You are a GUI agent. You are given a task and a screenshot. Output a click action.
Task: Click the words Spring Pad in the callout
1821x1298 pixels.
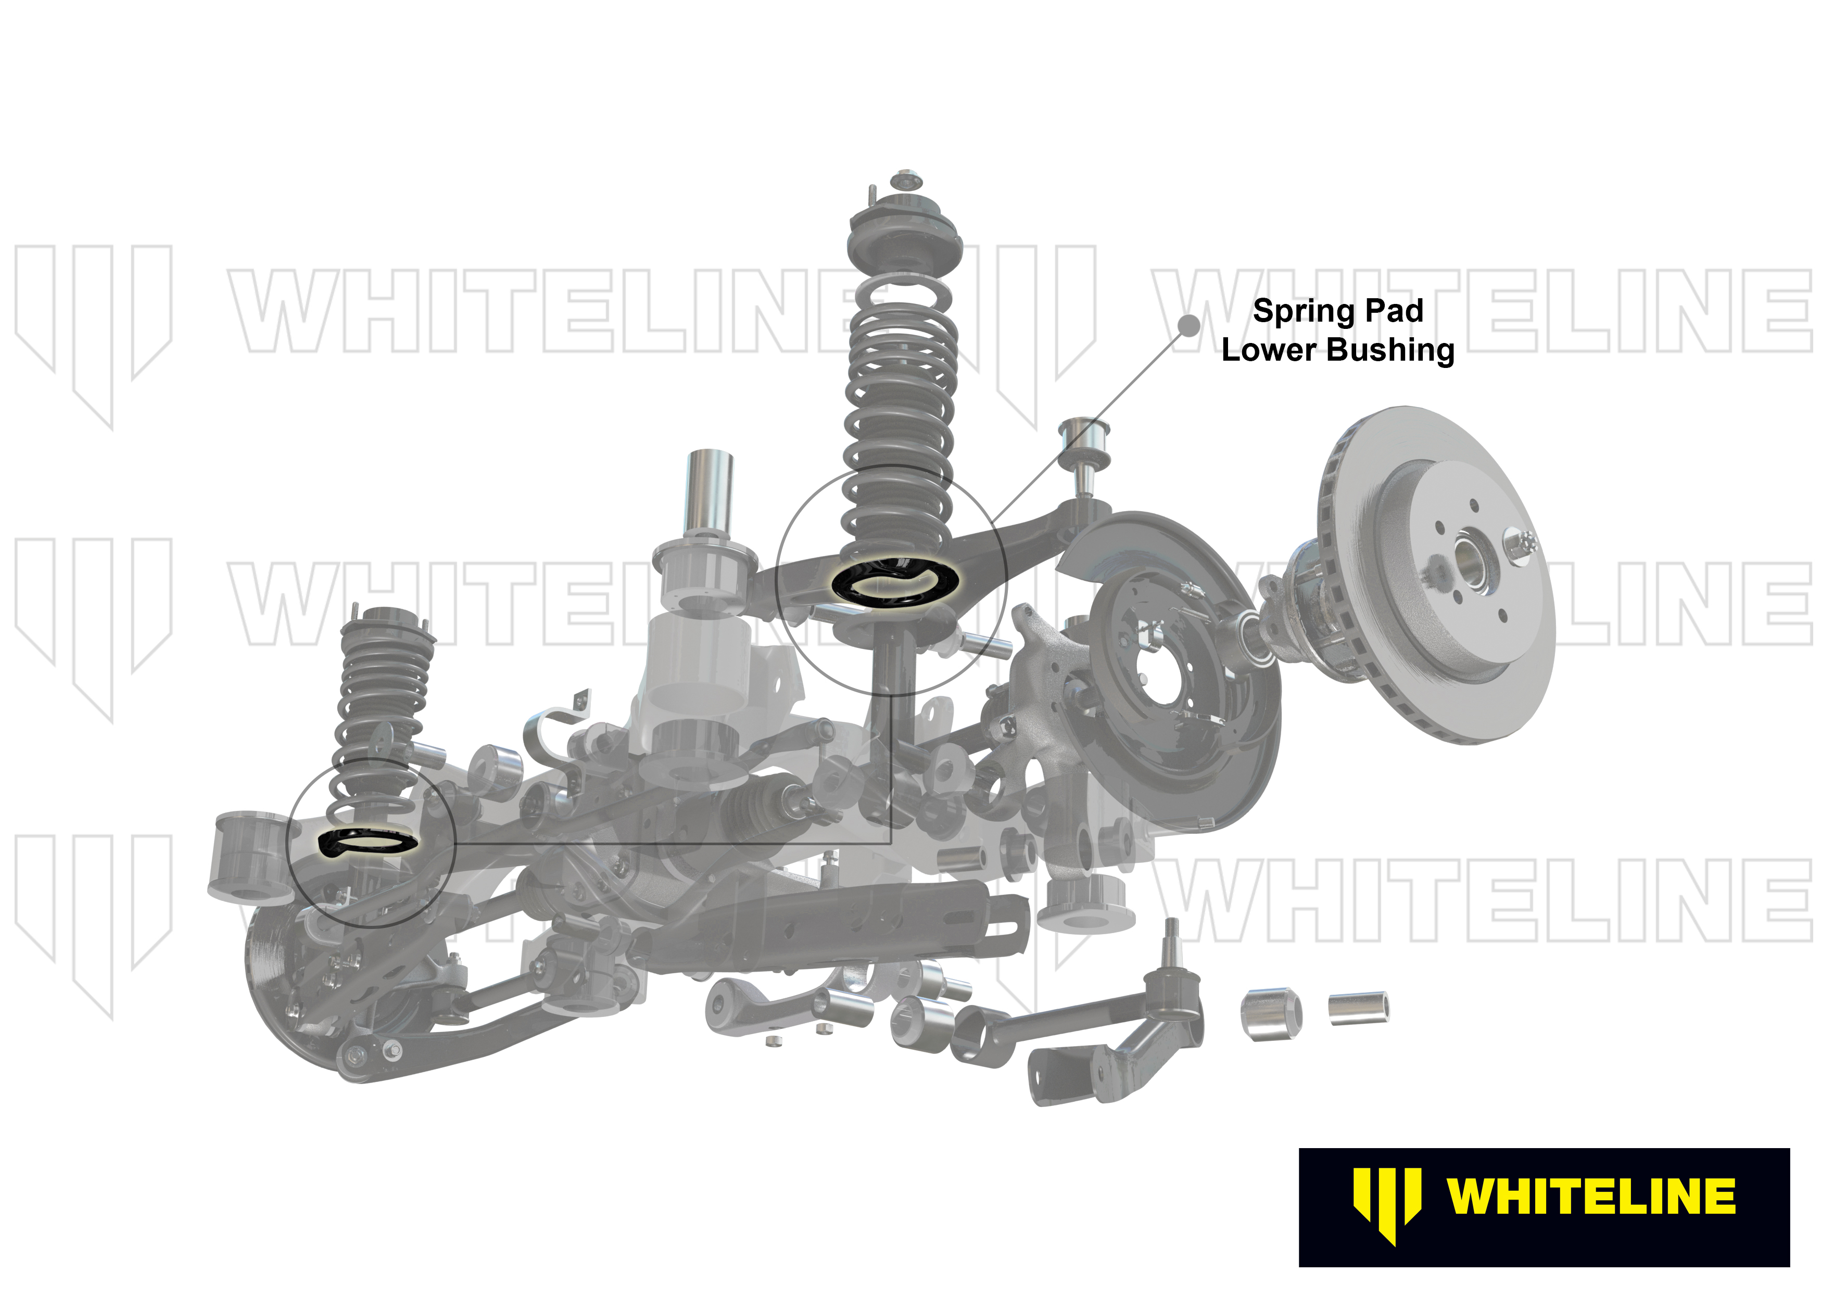1337,311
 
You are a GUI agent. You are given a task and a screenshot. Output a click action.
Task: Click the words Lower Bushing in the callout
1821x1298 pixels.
1337,350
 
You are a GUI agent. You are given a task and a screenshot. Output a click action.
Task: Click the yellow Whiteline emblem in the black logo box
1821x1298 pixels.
1386,1206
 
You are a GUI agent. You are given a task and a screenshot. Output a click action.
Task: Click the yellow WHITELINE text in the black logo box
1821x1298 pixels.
1591,1197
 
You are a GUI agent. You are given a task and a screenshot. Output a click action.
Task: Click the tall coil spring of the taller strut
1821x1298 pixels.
900,416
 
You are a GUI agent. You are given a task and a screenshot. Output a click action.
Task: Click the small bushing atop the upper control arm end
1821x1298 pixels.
1085,436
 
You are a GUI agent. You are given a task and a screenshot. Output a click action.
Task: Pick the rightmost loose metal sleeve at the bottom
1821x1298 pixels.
1358,1009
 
